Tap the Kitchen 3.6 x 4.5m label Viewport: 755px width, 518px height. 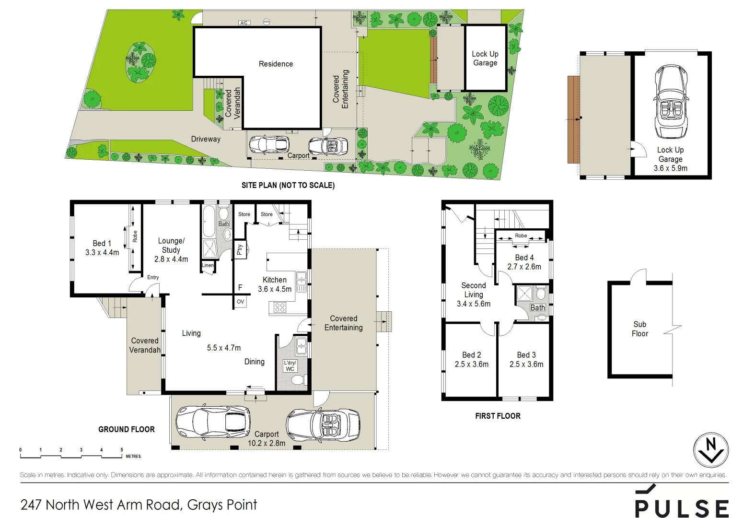274,284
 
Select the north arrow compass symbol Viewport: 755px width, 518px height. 711,450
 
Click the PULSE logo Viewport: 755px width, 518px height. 682,504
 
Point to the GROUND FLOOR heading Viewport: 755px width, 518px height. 127,429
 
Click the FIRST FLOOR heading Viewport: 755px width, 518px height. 498,416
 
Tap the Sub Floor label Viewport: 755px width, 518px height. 639,329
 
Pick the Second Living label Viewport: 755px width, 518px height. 473,290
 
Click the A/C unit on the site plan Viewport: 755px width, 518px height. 244,23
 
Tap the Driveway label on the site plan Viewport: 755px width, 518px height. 206,139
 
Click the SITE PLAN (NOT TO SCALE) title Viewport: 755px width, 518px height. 288,185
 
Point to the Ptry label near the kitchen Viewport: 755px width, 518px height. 240,249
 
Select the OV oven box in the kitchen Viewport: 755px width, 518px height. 240,302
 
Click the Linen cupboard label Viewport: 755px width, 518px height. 208,265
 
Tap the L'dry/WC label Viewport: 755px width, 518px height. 290,365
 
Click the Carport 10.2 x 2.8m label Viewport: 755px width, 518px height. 266,438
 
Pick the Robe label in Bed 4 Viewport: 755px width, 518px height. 521,235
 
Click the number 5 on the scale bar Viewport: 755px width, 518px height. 122,450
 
